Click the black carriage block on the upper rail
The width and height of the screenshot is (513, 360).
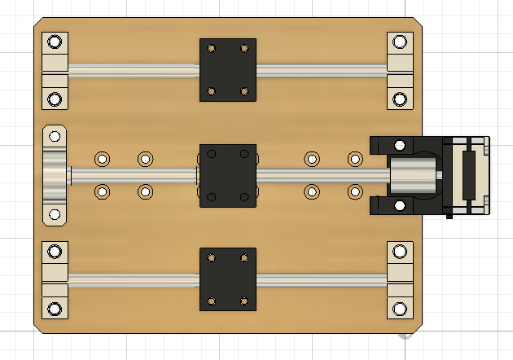(x=228, y=69)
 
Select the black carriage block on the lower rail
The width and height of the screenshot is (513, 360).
(x=228, y=279)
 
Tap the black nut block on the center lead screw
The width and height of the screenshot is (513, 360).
(x=228, y=174)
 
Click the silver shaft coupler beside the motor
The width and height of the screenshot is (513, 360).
(x=414, y=174)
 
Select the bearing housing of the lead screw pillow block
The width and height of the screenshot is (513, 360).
(x=55, y=174)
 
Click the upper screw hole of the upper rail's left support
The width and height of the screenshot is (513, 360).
(x=55, y=42)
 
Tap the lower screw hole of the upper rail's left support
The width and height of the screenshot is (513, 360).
(x=55, y=99)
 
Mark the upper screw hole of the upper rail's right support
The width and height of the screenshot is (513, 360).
(x=399, y=42)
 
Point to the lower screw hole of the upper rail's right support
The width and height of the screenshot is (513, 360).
(x=399, y=99)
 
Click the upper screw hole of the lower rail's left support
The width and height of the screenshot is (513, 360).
(x=55, y=251)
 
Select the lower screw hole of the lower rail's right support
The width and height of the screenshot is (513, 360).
(x=399, y=309)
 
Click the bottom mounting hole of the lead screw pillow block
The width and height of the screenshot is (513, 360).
(x=55, y=214)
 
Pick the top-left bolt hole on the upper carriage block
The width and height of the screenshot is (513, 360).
(x=212, y=48)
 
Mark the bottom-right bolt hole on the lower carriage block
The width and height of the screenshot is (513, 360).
(x=244, y=301)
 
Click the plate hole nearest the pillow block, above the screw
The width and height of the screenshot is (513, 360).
(x=103, y=158)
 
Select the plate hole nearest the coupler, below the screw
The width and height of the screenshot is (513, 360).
(x=355, y=192)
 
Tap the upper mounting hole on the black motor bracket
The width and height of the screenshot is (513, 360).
(x=400, y=145)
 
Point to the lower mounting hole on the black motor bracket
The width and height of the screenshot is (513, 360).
(x=400, y=205)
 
